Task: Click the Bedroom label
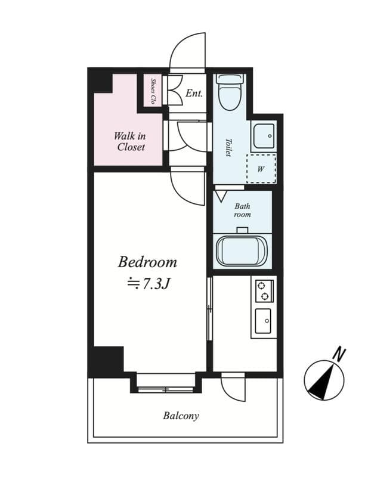coord(147,262)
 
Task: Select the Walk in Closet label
coord(130,141)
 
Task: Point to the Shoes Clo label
coord(153,90)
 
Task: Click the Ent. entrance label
coord(194,94)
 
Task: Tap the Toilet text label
coord(228,148)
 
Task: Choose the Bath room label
coord(242,210)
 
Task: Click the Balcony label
coord(181,416)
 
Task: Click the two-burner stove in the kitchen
coord(264,290)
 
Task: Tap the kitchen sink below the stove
coord(263,322)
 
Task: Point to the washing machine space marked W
coord(261,169)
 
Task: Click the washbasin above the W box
coord(262,136)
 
